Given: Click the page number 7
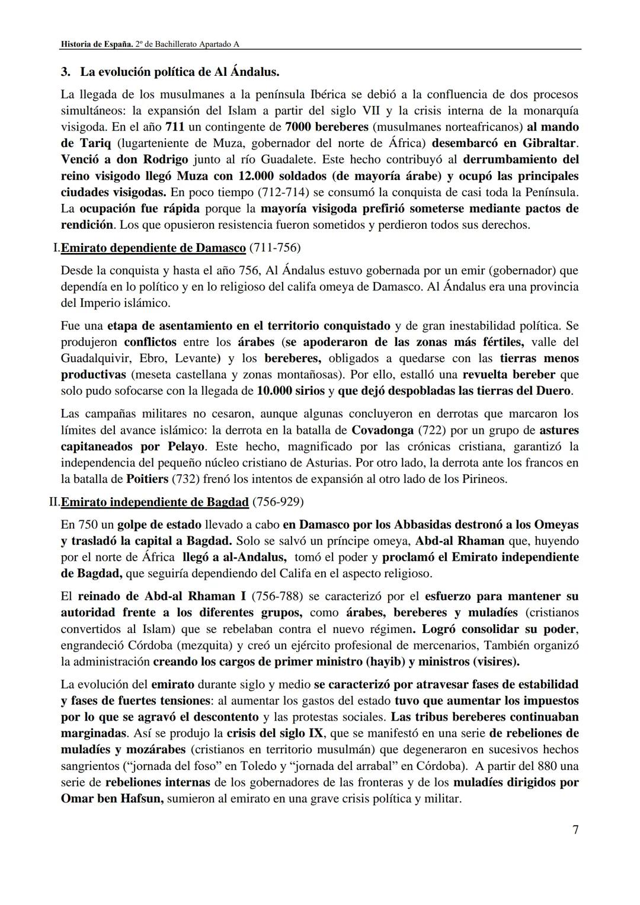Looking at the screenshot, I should (575, 829).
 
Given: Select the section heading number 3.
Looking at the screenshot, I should (66, 72).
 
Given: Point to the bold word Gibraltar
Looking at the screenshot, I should (549, 143).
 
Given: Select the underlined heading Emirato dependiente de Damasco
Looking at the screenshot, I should (153, 248).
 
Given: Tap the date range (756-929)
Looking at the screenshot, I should (277, 502).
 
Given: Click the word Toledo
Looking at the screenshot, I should (250, 766).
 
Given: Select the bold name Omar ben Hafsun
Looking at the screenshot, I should (112, 798).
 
